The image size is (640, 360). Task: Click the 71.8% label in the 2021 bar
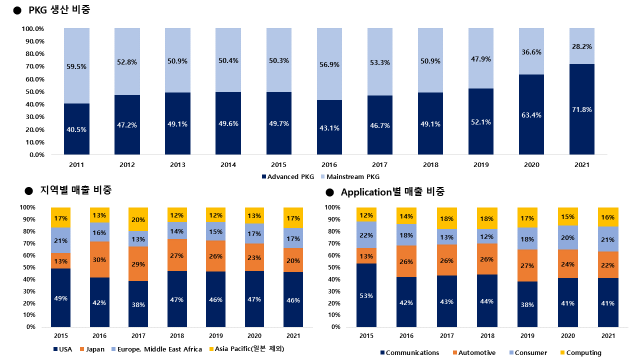click(x=582, y=109)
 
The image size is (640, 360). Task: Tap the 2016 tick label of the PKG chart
click(x=329, y=165)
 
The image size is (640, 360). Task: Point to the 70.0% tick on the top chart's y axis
click(x=33, y=66)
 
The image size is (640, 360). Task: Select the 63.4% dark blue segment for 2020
click(x=531, y=115)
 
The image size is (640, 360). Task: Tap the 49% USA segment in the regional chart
click(x=60, y=298)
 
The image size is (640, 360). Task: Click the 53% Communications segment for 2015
click(x=366, y=295)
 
